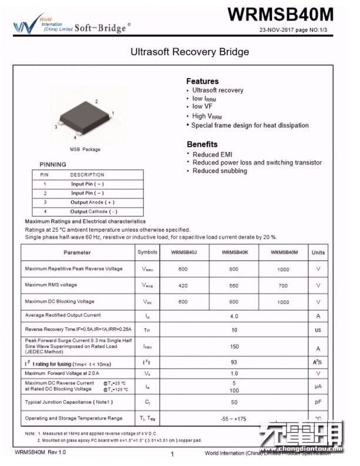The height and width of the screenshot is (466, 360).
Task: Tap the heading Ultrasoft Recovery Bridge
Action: tap(189, 52)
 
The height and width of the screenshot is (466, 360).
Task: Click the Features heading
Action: tap(203, 81)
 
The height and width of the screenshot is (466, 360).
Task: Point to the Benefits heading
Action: tap(202, 144)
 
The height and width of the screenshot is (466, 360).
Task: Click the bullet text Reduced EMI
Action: tap(212, 154)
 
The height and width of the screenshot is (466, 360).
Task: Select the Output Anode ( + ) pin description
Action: tap(93, 202)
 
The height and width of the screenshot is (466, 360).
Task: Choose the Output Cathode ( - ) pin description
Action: tap(93, 211)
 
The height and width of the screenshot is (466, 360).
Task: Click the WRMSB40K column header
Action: tap(234, 252)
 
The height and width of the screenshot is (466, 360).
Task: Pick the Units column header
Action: tap(318, 252)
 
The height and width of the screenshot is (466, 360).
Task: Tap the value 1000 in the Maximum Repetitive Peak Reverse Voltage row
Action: tap(284, 269)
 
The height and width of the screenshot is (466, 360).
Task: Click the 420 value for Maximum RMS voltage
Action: tap(183, 285)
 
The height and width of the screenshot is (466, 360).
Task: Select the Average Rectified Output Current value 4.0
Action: tap(234, 316)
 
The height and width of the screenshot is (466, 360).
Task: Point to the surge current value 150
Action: tap(234, 346)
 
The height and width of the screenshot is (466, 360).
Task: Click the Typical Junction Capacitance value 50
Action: tap(234, 402)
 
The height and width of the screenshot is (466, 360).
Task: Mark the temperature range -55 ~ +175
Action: tap(234, 418)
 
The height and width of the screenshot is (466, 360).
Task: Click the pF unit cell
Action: tap(318, 403)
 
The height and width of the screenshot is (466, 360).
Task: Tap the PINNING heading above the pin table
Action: tap(53, 164)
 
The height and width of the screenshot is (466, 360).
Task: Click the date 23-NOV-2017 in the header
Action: tap(280, 29)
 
